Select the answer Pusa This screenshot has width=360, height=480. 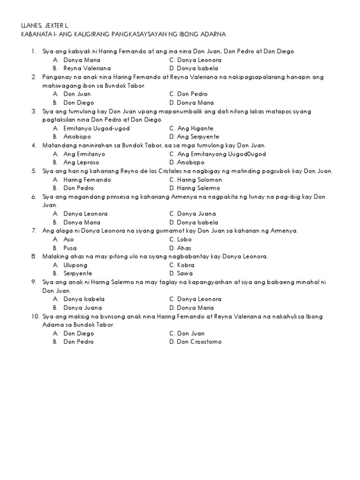[70, 248]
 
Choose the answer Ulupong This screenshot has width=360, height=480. [75, 265]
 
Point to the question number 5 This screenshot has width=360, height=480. [34, 171]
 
